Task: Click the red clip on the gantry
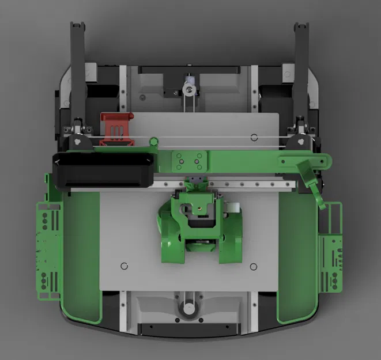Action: coord(117,127)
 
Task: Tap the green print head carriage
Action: coord(199,228)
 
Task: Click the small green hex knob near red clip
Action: coord(153,141)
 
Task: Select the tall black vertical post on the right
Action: coord(301,69)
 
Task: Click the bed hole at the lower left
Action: coord(124,266)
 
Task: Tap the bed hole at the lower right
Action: coord(254,266)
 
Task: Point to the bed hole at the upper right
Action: coord(254,137)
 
